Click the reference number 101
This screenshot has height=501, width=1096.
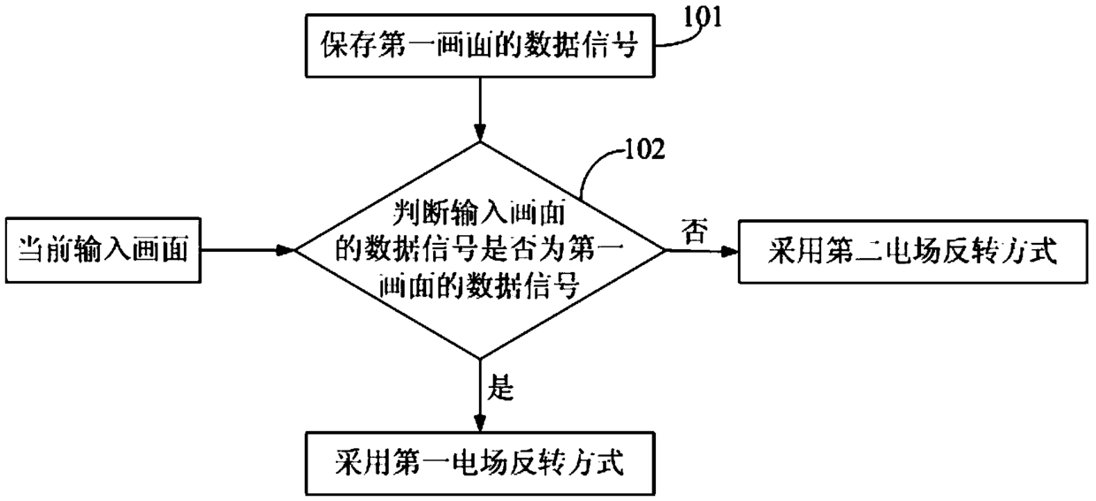pyautogui.click(x=702, y=18)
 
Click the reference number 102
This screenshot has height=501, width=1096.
pyautogui.click(x=645, y=149)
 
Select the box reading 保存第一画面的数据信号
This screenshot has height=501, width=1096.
pyautogui.click(x=480, y=45)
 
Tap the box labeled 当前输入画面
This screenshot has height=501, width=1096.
pyautogui.click(x=103, y=251)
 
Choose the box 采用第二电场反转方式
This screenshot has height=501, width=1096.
pyautogui.click(x=913, y=252)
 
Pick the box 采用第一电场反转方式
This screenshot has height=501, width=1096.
pyautogui.click(x=480, y=463)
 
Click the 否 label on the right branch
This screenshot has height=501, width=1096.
pyautogui.click(x=695, y=232)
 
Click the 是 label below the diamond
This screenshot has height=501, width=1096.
pyautogui.click(x=500, y=389)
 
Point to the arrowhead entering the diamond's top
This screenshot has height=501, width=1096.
pyautogui.click(x=480, y=133)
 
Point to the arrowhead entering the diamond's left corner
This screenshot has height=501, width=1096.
pyautogui.click(x=285, y=251)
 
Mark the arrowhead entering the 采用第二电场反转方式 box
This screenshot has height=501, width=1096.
pyautogui.click(x=729, y=252)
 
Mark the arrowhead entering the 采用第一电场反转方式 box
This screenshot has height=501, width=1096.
pyautogui.click(x=480, y=422)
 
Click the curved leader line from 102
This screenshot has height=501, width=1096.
pyautogui.click(x=595, y=166)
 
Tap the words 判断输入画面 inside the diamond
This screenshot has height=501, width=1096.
pyautogui.click(x=480, y=214)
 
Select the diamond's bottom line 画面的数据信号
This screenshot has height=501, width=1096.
pyautogui.click(x=480, y=285)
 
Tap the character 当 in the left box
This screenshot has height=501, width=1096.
pyautogui.click(x=31, y=250)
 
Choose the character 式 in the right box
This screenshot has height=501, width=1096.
pyautogui.click(x=1043, y=251)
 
